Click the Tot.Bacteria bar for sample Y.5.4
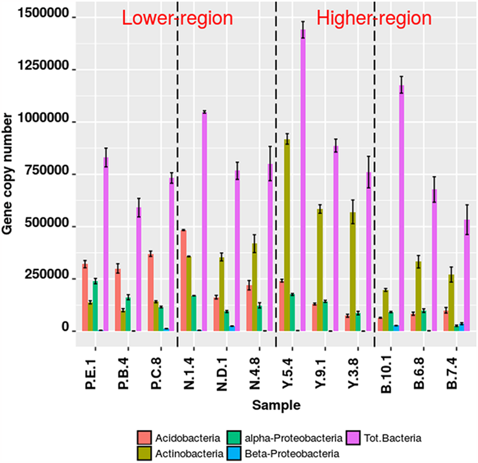303,180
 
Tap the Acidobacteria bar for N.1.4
183,280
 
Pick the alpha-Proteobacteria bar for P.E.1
95,306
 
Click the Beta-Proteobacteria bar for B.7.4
462,327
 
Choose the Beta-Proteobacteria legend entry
291,454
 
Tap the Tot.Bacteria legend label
392,438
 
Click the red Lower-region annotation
177,18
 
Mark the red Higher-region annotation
374,18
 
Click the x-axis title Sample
276,405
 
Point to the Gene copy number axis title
7,174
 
